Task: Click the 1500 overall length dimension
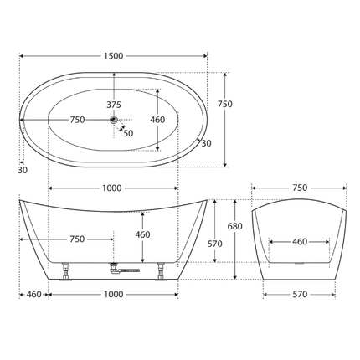(114, 56)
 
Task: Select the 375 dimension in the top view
(114, 105)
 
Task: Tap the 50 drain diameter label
(128, 133)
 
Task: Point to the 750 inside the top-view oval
(76, 121)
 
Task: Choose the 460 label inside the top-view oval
(157, 121)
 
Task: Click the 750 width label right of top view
(224, 104)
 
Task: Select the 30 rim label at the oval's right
(206, 142)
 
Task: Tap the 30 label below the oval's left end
(23, 170)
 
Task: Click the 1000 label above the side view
(114, 188)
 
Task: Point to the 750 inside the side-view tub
(76, 239)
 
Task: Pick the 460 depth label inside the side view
(142, 234)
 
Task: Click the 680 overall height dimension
(239, 227)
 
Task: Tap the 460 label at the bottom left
(34, 295)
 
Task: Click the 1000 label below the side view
(114, 295)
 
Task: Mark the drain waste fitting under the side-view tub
(124, 270)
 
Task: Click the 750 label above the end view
(299, 188)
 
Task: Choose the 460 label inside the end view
(299, 243)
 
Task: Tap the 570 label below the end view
(299, 295)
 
